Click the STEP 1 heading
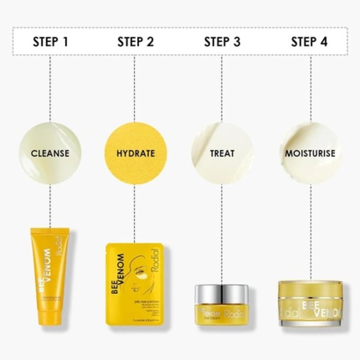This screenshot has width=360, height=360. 50,42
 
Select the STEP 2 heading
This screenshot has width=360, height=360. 135,42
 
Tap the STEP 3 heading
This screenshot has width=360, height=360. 222,42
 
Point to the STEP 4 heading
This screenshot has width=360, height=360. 309,42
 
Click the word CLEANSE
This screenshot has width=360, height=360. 50,153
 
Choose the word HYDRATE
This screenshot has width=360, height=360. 135,153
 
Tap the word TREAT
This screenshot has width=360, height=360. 222,153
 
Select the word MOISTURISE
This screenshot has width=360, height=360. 310,153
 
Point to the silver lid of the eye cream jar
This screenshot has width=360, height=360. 221,293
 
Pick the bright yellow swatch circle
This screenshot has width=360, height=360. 135,153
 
